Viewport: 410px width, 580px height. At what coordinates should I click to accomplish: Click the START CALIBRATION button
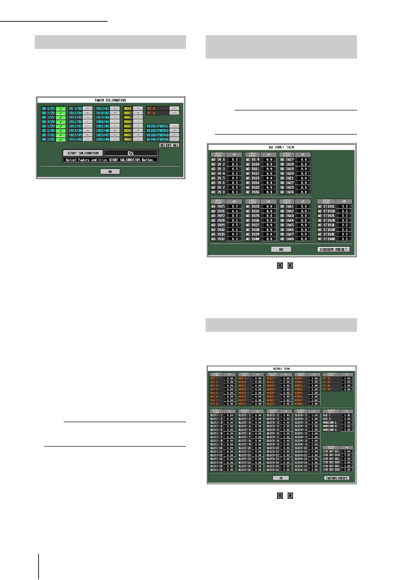point(83,153)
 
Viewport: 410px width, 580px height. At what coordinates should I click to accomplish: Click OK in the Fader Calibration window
point(110,172)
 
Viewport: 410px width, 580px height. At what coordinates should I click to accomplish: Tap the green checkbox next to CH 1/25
point(61,108)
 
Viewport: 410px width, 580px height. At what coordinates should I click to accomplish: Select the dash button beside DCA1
point(138,108)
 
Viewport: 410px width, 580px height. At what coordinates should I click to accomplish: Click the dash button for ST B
point(174,113)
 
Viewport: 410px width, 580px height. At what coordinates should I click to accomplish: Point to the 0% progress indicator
point(131,153)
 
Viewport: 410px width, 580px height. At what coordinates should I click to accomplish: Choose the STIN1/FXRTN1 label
point(157,126)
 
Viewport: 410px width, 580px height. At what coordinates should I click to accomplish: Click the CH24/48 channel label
point(103,139)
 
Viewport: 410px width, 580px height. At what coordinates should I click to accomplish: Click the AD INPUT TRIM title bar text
point(281,147)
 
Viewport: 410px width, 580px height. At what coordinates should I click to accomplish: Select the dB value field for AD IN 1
point(235,160)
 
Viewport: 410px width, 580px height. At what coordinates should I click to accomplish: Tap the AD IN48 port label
point(287,239)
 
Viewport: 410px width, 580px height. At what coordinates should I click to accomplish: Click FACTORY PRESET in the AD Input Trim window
point(334,249)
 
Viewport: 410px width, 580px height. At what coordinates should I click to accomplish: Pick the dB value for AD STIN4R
point(345,239)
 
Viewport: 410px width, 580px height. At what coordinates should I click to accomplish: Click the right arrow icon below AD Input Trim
point(290,266)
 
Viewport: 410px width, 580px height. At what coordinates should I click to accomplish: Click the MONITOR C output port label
point(330,430)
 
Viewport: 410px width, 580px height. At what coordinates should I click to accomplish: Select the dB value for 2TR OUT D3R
point(347,469)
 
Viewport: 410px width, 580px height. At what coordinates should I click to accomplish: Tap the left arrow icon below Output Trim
point(280,496)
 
